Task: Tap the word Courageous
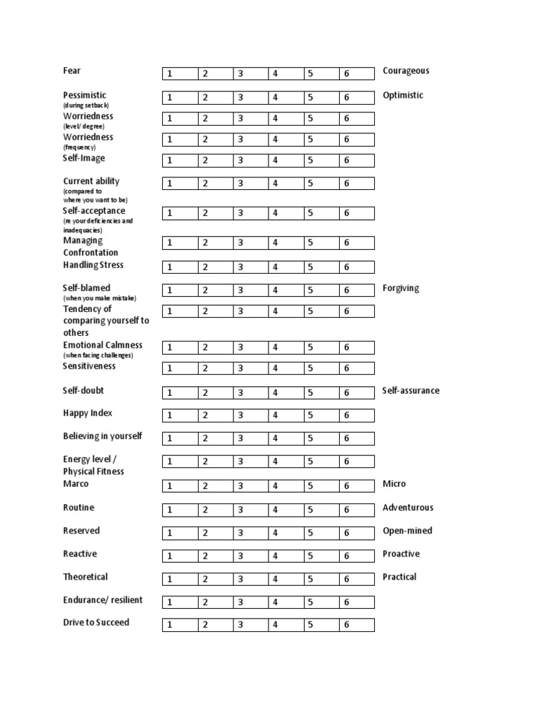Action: (406, 71)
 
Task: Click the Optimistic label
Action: (403, 95)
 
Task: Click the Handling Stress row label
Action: (93, 265)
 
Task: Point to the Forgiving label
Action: (401, 288)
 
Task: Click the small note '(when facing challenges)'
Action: (98, 355)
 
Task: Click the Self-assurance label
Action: (411, 390)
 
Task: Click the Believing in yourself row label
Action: (102, 436)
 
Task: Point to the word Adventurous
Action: (408, 508)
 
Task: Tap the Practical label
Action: (399, 577)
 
